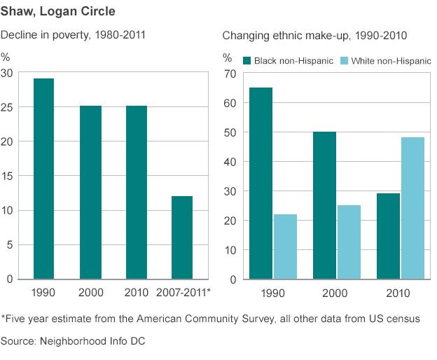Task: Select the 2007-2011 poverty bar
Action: click(181, 237)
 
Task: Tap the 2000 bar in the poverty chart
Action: click(90, 193)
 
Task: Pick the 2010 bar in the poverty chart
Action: click(136, 193)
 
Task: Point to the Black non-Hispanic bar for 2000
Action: click(324, 205)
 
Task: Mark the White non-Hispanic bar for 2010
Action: click(413, 208)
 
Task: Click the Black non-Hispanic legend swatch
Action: click(247, 61)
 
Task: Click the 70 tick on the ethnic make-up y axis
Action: click(228, 74)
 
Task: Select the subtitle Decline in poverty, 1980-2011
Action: click(73, 34)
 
